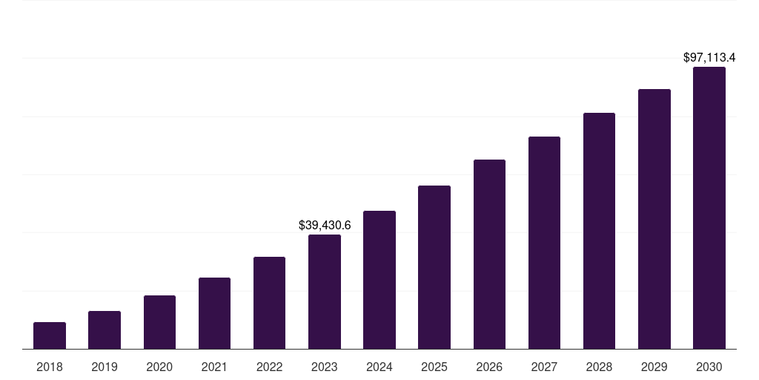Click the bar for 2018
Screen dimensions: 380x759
click(x=50, y=335)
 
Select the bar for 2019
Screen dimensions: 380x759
click(x=105, y=330)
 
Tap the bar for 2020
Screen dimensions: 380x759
click(x=159, y=322)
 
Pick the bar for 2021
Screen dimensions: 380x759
click(x=214, y=313)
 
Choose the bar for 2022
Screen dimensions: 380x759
click(x=269, y=303)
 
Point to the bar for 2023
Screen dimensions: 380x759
click(x=325, y=292)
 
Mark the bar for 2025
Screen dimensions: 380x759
click(x=434, y=267)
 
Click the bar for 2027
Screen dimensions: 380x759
click(x=544, y=243)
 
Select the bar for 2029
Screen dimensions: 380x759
click(x=654, y=219)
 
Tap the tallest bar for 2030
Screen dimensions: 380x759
click(x=709, y=208)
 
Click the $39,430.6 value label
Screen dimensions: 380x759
click(x=325, y=225)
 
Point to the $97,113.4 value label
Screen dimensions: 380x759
click(x=709, y=57)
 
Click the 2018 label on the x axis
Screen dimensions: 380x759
click(x=50, y=367)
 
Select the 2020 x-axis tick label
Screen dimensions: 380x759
click(x=159, y=367)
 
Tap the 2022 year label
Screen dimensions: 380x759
click(x=269, y=367)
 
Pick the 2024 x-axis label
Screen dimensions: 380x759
click(x=379, y=367)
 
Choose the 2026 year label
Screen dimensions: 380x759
click(x=489, y=367)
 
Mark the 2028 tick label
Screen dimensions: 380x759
click(x=599, y=367)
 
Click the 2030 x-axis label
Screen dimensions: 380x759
click(x=709, y=367)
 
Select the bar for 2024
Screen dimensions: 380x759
click(x=379, y=280)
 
